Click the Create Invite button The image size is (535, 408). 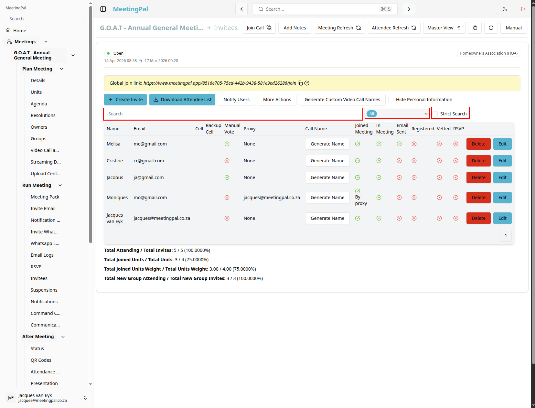(125, 100)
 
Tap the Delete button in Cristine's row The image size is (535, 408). (478, 161)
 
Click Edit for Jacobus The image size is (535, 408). (502, 177)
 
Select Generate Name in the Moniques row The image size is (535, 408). (327, 198)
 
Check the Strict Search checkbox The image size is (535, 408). (435, 114)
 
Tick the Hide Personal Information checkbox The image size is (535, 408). (391, 100)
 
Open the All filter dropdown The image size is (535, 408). (397, 113)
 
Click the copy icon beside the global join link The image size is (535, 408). (300, 83)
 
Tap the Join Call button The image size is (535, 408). (259, 28)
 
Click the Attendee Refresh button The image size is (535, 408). (394, 28)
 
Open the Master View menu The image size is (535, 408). (444, 28)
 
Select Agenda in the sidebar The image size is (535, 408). (39, 103)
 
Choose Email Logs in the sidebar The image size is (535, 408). (42, 255)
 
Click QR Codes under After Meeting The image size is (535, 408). (41, 360)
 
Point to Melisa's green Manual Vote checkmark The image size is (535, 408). (227, 144)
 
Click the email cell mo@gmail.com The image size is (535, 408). (150, 198)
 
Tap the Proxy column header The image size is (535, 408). (249, 129)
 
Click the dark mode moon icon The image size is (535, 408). (505, 9)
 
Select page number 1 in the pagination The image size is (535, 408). (506, 236)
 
